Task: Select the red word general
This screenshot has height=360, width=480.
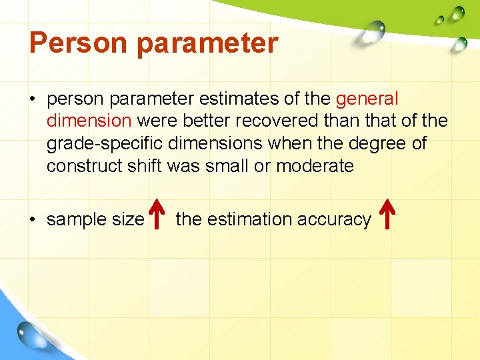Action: pos(367,99)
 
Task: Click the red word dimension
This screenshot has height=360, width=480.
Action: pos(89,121)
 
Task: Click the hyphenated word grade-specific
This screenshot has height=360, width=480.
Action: pos(105,144)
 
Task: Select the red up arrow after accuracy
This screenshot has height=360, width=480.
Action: pos(387,215)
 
